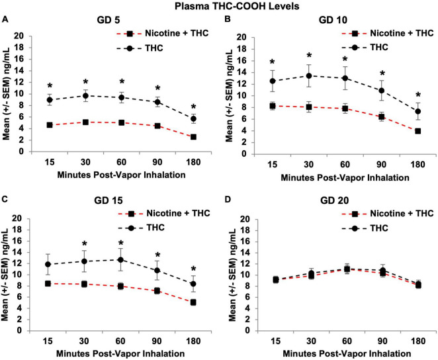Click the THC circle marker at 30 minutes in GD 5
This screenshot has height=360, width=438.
pos(85,96)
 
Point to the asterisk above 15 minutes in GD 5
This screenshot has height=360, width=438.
pos(50,87)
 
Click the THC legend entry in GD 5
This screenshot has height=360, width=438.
pos(157,48)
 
